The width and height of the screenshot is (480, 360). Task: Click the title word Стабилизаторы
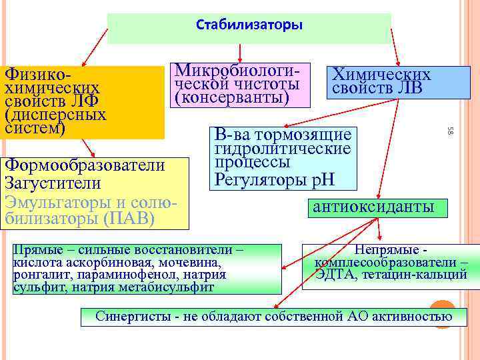(x=249, y=25)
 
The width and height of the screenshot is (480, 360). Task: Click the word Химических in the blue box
(x=382, y=75)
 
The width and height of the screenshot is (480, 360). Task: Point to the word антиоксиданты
(x=373, y=207)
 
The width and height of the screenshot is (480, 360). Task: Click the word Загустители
(x=53, y=183)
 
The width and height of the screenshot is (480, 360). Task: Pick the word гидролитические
(x=283, y=148)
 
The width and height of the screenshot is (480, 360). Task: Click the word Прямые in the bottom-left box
(x=38, y=249)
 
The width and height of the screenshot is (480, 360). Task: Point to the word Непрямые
(x=385, y=249)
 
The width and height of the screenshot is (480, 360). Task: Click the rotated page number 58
(x=451, y=131)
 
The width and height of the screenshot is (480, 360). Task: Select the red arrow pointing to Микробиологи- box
(x=239, y=49)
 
